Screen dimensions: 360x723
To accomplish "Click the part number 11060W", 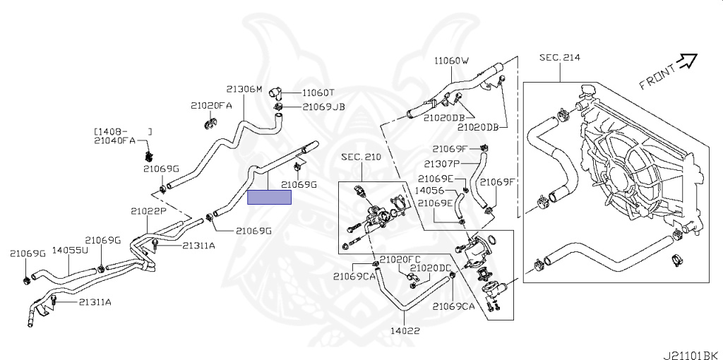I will [451, 61].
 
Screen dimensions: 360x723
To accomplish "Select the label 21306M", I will [244, 89].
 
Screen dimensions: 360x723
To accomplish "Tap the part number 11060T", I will [318, 92].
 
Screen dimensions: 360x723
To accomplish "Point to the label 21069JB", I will [324, 107].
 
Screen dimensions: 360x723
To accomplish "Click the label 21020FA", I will [211, 106].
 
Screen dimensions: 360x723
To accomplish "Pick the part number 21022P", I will [148, 210].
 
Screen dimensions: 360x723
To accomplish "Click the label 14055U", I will [70, 250].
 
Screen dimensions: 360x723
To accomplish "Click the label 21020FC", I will [400, 259].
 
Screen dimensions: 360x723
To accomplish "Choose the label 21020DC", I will [431, 268].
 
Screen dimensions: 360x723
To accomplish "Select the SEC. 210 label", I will [361, 157].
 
